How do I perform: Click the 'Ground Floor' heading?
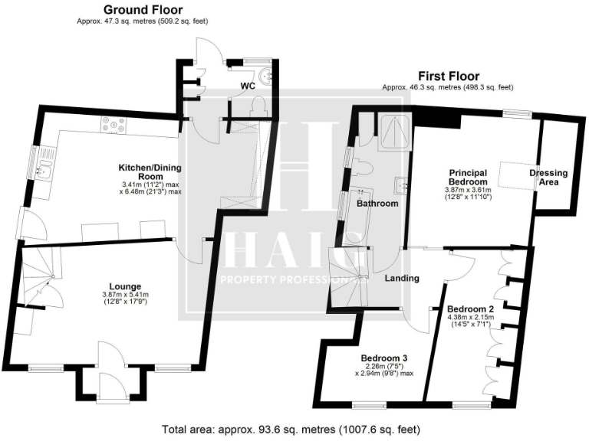[143, 10]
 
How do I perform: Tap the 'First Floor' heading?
[449, 77]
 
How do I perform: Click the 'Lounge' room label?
[123, 286]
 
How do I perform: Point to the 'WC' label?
[248, 86]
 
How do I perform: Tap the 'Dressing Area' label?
[548, 178]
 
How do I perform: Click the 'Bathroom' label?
[377, 204]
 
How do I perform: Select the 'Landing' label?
[402, 279]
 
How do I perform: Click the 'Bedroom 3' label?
[385, 358]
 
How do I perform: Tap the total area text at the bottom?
[291, 430]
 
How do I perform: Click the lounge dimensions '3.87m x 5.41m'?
[123, 296]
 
